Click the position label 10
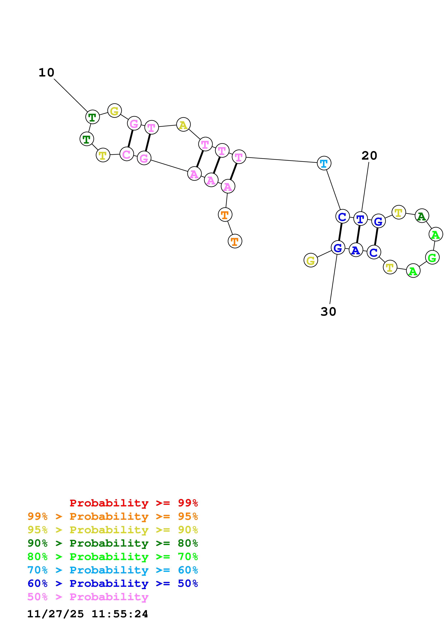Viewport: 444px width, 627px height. coord(47,73)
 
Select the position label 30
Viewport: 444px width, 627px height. coord(328,312)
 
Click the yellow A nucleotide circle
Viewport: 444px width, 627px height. coord(183,125)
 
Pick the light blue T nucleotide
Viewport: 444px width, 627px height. coord(324,163)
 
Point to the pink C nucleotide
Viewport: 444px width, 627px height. coord(127,154)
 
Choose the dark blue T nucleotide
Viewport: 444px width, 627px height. coord(360,219)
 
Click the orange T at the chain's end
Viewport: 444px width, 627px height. coord(235,241)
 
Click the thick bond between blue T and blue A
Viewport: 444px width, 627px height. coord(358,234)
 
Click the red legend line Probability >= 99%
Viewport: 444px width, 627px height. coord(133,503)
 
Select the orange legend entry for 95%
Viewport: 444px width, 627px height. coord(112,516)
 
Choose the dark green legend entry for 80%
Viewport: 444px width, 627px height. coord(112,543)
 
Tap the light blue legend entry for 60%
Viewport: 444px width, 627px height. coord(112,570)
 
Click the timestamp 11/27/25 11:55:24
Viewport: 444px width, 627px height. coord(88,614)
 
